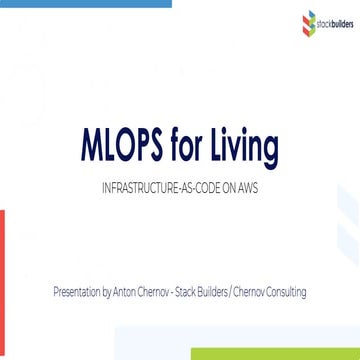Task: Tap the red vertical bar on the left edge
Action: [x=3, y=269]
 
